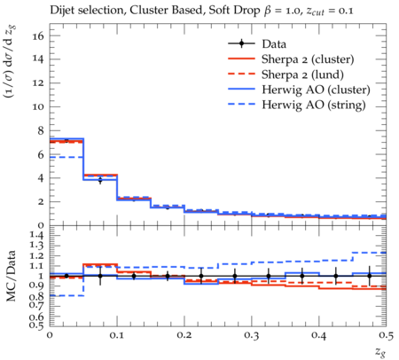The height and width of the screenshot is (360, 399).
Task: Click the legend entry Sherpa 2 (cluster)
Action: [308, 59]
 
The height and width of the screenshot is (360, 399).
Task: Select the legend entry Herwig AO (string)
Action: [314, 105]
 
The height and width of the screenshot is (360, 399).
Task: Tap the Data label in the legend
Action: [274, 44]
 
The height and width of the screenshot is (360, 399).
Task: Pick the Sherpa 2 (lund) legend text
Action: [302, 74]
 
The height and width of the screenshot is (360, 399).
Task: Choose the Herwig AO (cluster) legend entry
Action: [316, 90]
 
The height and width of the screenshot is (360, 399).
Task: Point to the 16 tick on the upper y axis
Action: [38, 36]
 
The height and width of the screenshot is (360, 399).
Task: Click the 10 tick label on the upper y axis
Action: [38, 106]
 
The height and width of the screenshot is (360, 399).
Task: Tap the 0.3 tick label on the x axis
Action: [252, 335]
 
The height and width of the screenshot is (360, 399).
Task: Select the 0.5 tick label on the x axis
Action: [387, 335]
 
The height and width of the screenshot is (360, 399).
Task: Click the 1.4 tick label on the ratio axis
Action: [37, 235]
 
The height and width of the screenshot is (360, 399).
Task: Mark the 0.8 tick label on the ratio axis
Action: [37, 296]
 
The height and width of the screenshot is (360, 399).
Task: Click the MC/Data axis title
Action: [11, 276]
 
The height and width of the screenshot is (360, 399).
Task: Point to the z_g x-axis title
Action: [380, 352]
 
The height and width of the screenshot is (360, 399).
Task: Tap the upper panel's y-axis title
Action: [10, 61]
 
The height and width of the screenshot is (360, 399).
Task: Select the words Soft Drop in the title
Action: [234, 11]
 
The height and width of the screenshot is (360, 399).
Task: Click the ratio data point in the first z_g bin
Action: [66, 276]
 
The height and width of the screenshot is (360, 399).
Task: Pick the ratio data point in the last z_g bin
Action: [370, 276]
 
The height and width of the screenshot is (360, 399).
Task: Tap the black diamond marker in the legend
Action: [241, 43]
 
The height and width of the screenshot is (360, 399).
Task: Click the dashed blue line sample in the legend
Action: [241, 105]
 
